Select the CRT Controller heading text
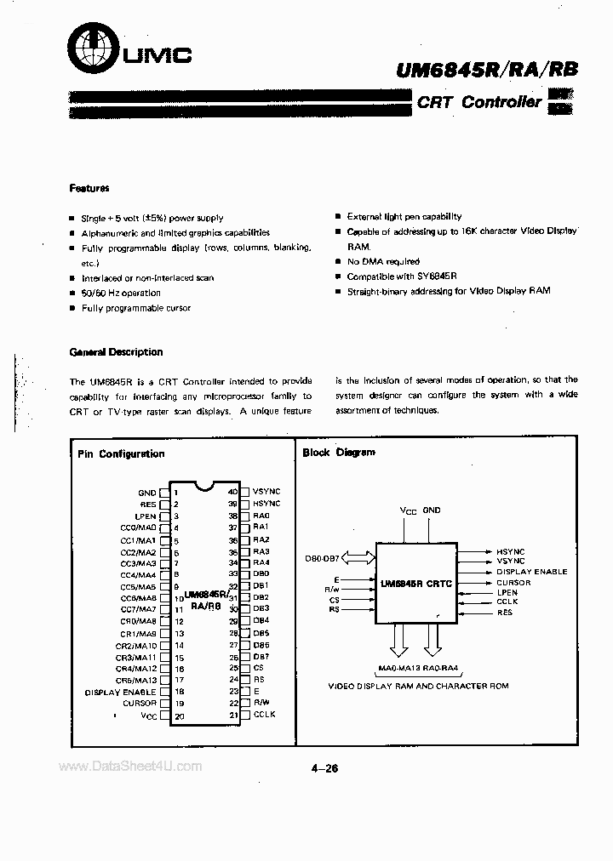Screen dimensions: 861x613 (478, 102)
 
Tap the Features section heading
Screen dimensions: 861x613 (89, 188)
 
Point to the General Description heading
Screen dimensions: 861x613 (116, 352)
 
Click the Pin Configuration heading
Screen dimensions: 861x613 (120, 454)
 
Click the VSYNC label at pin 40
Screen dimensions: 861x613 (266, 492)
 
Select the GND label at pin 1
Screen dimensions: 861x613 (146, 493)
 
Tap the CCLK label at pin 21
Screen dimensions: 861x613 (265, 715)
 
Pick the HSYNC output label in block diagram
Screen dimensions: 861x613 (511, 550)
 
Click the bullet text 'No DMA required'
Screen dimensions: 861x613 (383, 262)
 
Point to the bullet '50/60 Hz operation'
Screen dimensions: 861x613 (120, 293)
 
